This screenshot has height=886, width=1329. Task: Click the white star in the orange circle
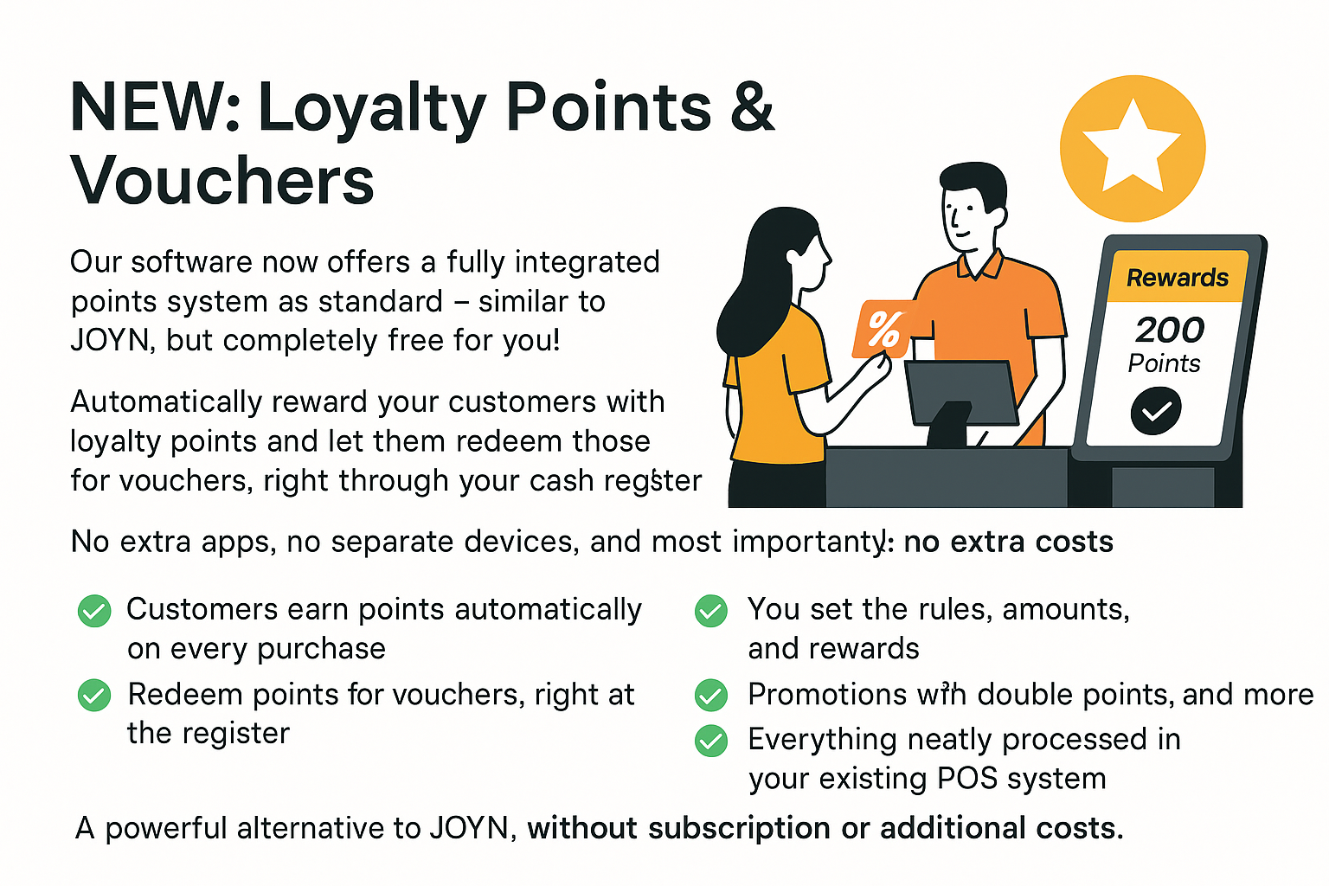click(x=1132, y=148)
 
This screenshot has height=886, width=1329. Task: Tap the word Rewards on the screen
click(x=1177, y=278)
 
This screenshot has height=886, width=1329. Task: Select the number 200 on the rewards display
click(x=1170, y=330)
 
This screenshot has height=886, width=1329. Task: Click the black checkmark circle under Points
click(x=1156, y=411)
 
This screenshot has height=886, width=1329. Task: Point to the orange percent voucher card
click(x=883, y=330)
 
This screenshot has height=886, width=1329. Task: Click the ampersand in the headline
click(x=752, y=106)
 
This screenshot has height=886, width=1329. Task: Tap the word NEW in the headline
click(x=148, y=106)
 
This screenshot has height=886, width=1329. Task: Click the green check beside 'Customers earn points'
click(x=94, y=611)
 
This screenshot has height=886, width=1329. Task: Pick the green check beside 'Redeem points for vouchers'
click(x=94, y=695)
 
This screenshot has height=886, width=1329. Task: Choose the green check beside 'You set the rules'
click(x=710, y=611)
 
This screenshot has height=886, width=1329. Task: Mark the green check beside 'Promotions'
click(x=710, y=695)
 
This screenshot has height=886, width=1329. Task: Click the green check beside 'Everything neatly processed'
click(x=710, y=741)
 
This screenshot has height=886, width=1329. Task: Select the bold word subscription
click(x=739, y=829)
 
